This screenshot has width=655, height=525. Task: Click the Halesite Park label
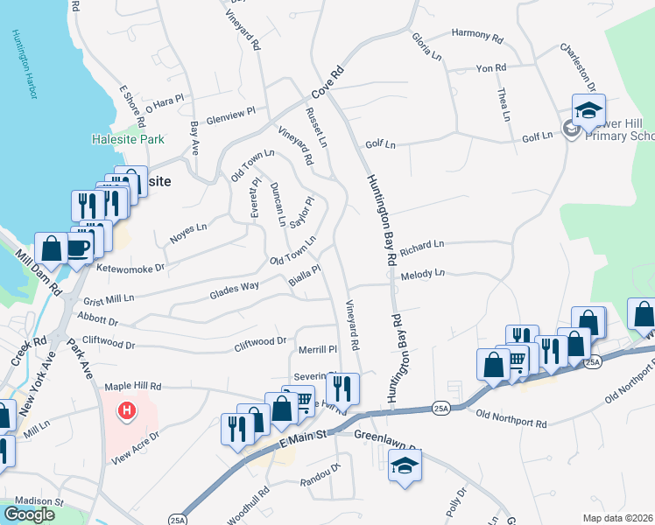tap(128, 139)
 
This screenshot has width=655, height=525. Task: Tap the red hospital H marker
tap(127, 409)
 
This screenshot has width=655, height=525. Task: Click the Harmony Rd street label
tap(477, 38)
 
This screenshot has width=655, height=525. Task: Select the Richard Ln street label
tap(422, 248)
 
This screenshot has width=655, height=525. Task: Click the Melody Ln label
tap(423, 275)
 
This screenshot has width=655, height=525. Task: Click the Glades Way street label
tap(234, 291)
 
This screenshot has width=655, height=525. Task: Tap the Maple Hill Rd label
tap(133, 385)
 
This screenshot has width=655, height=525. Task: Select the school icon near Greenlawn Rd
tap(405, 466)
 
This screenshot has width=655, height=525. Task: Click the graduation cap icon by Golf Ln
tap(589, 111)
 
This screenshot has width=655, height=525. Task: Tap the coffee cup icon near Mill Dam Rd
tap(79, 248)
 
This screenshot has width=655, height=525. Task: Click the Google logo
tap(29, 514)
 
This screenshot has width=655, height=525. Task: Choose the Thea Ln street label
tap(504, 104)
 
